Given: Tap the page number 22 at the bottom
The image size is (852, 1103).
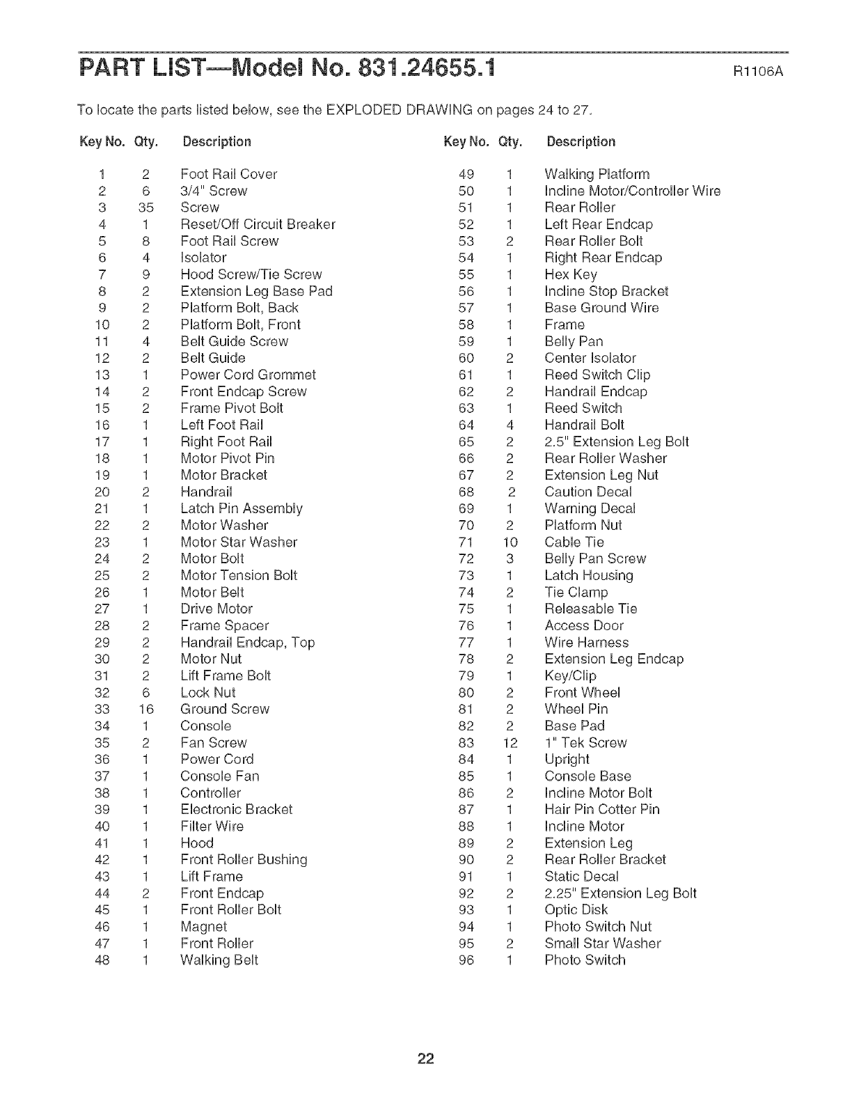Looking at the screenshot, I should (426, 1059).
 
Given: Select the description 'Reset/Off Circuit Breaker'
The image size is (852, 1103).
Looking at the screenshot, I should (258, 224).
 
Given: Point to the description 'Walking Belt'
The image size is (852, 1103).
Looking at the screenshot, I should (219, 960).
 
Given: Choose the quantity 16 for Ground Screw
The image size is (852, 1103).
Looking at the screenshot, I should (145, 709).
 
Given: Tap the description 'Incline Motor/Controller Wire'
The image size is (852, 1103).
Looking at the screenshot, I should (632, 191).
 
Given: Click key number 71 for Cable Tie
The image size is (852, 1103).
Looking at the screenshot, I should (466, 542).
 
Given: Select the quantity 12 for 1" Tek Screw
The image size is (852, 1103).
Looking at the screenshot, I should (510, 743).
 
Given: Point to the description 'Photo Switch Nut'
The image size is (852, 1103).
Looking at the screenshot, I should (598, 927).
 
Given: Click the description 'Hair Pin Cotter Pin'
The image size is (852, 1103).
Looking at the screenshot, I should (602, 810).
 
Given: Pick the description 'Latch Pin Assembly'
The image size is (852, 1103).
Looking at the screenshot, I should (242, 508).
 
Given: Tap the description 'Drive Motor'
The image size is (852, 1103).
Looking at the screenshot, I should (216, 609).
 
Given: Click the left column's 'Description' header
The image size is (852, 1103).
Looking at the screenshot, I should (216, 142).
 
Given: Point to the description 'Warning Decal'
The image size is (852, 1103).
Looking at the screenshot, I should (590, 508).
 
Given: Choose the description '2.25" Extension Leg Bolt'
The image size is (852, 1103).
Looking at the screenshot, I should (620, 893).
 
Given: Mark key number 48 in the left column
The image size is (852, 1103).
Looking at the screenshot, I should (102, 960).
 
